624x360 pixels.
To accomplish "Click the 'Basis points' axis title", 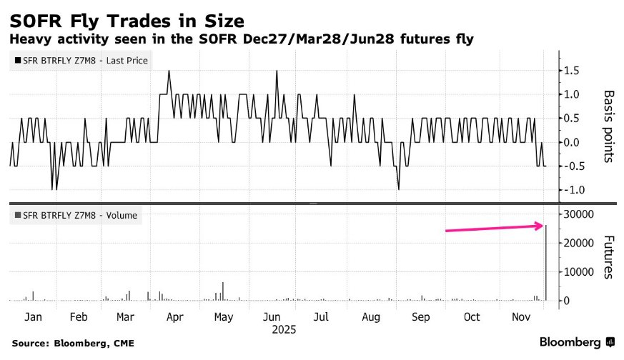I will [x=609, y=126].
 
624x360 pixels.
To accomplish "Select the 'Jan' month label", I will [x=31, y=316].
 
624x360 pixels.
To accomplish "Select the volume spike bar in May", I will [x=224, y=291].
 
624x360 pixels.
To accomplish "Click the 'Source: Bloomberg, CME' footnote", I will [x=73, y=343].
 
